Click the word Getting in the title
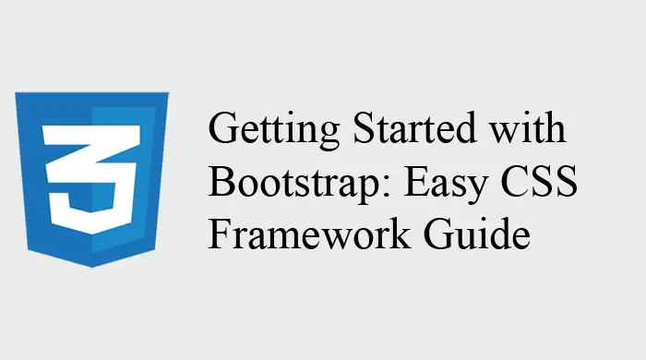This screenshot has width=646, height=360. coord(274,130)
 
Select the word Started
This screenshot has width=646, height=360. coord(415,127)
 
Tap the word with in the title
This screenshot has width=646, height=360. coord(528,127)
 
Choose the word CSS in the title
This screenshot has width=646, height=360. coord(539,180)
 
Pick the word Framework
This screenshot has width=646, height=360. coord(309,234)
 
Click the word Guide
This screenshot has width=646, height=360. coord(477,234)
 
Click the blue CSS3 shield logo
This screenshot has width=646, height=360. coord(92,180)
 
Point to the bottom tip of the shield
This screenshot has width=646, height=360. coord(92,268)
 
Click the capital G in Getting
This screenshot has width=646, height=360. coord(224,127)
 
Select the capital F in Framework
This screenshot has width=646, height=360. coord(220,234)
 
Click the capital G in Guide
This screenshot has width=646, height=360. coord(439,234)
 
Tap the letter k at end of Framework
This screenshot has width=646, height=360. coord(400,233)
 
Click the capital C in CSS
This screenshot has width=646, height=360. coord(515,180)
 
